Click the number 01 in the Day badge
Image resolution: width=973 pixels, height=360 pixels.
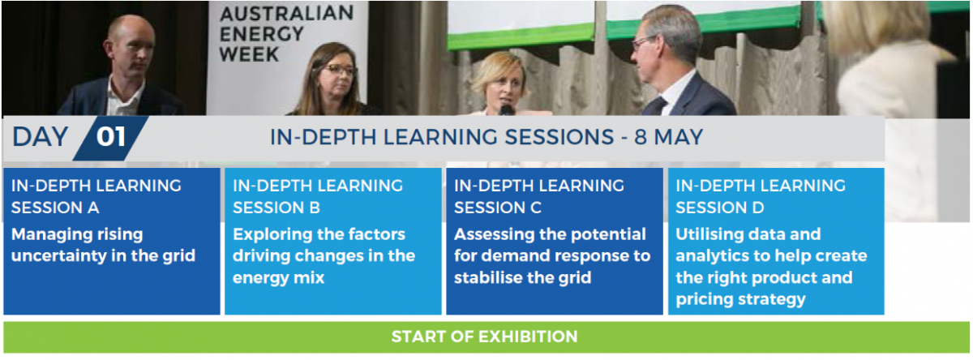(111, 137)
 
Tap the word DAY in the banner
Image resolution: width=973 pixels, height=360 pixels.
(41, 137)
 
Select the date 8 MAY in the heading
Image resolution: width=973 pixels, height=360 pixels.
(669, 137)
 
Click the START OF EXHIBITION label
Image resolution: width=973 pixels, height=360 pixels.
(485, 336)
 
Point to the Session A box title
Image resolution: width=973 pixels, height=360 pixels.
(96, 197)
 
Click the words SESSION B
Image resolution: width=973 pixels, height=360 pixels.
(276, 208)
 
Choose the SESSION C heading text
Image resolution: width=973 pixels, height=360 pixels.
(498, 208)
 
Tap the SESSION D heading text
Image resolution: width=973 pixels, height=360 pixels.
(720, 208)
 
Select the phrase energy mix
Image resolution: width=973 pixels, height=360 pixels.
(278, 278)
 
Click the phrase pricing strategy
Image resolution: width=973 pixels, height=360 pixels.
(740, 300)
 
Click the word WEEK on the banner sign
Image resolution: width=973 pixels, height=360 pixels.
(249, 54)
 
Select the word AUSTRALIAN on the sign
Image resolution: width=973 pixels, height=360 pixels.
(287, 14)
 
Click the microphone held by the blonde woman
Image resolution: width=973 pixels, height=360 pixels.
(507, 109)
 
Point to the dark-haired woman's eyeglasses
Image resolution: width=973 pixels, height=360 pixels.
(340, 70)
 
